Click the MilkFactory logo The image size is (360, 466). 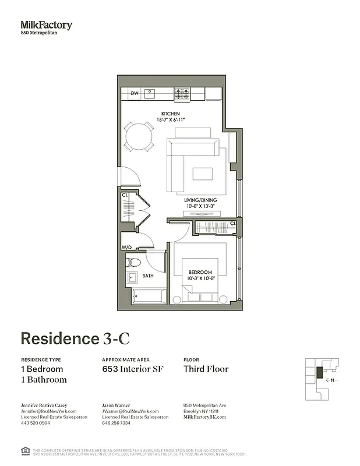(x=47, y=25)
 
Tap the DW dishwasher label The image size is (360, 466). (x=134, y=93)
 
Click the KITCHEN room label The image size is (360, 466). (x=171, y=114)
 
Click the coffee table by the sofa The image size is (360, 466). (x=203, y=174)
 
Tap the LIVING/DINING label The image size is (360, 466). (x=201, y=200)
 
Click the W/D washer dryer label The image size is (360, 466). (x=126, y=248)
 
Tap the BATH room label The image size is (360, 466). (x=148, y=276)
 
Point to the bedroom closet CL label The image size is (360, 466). (x=232, y=223)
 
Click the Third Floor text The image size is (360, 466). (x=206, y=369)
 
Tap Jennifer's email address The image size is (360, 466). (x=49, y=411)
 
